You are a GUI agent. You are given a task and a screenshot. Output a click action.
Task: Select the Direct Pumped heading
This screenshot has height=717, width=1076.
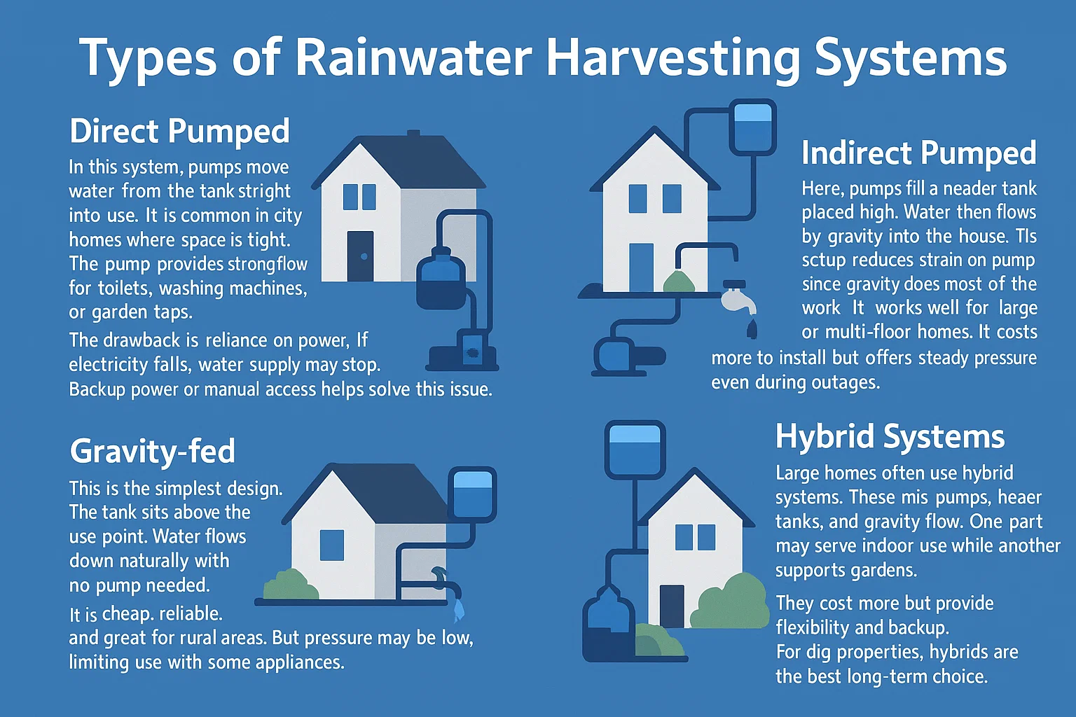coord(179,131)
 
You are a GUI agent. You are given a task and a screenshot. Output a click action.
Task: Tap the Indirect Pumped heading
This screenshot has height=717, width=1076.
coord(919,153)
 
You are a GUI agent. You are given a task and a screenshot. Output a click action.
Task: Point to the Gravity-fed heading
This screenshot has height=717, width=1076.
coord(152,451)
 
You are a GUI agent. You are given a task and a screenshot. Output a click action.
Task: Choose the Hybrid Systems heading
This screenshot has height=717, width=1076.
coord(890,437)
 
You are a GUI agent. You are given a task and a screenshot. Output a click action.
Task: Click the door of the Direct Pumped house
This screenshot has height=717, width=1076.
coord(360,256)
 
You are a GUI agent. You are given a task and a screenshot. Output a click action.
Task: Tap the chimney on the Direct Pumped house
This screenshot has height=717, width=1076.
coord(413,134)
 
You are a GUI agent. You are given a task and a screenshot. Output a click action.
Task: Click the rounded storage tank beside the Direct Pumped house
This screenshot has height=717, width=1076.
coord(441,279)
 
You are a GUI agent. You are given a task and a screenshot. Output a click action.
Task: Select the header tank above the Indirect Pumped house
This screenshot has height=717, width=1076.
coord(753,127)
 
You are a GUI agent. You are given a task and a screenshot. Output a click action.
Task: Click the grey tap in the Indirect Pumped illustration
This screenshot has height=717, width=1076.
coord(738,298)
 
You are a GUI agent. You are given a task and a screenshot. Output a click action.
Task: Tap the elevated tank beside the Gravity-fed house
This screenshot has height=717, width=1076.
coord(472,494)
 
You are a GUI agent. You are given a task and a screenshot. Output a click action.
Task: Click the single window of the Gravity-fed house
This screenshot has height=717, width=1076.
coord(332,545)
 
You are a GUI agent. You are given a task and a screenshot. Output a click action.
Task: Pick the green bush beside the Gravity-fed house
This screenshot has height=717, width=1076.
coord(290,585)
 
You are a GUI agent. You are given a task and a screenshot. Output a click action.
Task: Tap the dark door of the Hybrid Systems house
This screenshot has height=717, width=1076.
coord(672,606)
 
